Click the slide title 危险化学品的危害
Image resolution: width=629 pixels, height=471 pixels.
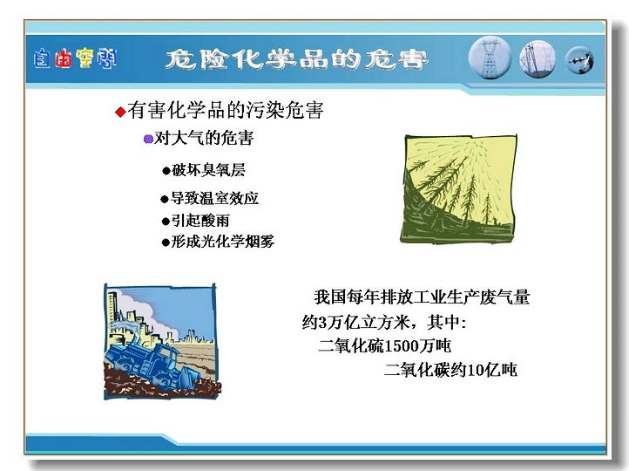296,60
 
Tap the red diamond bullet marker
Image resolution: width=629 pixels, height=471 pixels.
120,112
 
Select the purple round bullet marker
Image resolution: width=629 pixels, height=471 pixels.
148,139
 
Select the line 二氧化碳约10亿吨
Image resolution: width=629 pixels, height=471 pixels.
450,370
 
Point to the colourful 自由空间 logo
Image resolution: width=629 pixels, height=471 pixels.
75,58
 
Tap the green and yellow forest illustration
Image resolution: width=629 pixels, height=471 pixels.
458,188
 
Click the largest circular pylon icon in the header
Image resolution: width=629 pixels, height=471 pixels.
490,58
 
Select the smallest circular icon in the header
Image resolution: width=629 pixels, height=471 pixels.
579,60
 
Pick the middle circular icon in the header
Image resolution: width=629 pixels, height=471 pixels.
538,59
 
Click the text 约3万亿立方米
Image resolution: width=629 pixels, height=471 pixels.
356,322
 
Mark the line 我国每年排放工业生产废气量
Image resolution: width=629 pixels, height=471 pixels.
422,297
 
